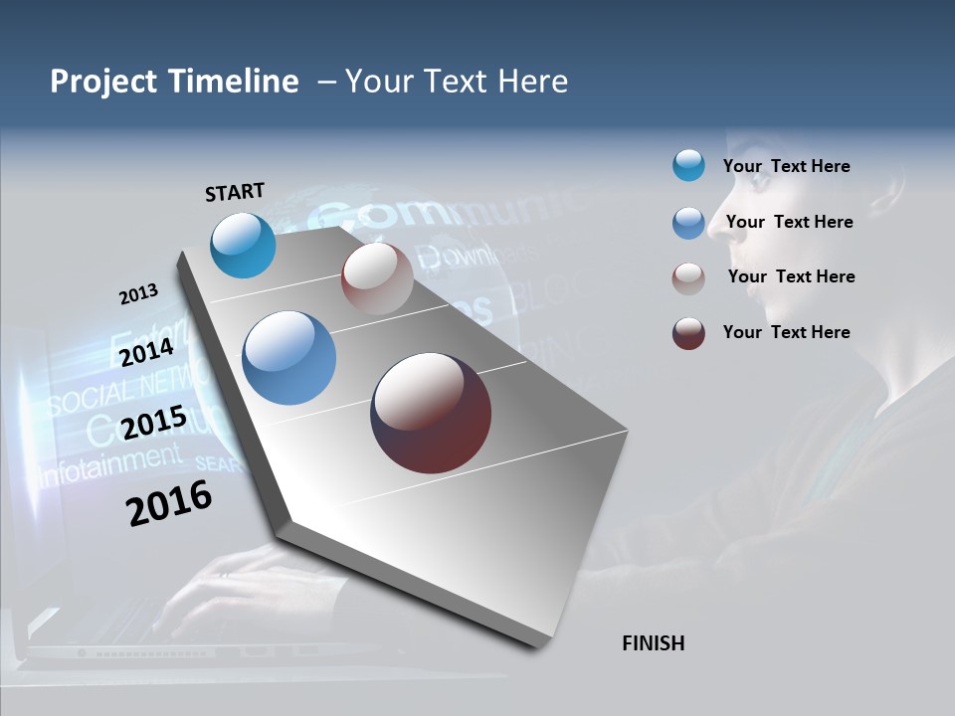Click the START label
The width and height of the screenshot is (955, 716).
[x=235, y=192]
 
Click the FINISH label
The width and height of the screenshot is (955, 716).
[x=654, y=643]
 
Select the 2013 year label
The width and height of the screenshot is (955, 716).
[x=138, y=294]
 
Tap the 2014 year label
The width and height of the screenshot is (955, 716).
[x=147, y=353]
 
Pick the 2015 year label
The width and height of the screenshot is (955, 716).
[x=154, y=423]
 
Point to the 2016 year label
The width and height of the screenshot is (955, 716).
[x=169, y=502]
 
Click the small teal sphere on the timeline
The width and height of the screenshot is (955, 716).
[x=243, y=246]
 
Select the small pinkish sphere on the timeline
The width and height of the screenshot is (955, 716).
[x=377, y=278]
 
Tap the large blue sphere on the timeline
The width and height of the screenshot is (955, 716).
[x=289, y=358]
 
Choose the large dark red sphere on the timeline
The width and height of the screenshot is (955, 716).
[x=431, y=413]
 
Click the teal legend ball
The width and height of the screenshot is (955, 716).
[x=688, y=166]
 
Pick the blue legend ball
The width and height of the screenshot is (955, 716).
[x=688, y=223]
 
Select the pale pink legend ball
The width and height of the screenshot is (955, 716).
[x=688, y=278]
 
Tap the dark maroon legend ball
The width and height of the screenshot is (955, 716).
[x=688, y=333]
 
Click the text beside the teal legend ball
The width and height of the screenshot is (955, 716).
[x=786, y=166]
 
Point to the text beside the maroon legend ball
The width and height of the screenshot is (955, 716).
[x=786, y=332]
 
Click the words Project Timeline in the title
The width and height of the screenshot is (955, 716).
[x=174, y=82]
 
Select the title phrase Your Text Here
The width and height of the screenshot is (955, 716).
[x=457, y=82]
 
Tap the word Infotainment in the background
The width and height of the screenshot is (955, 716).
[x=111, y=463]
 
